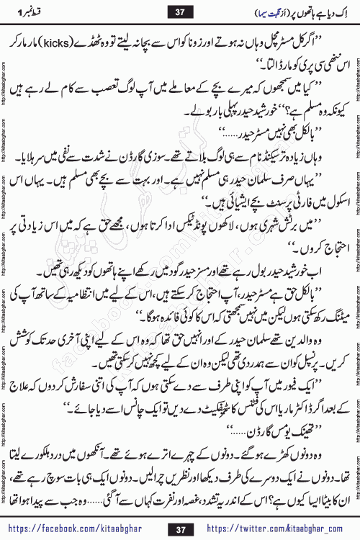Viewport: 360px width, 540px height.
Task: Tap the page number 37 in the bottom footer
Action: (x=180, y=528)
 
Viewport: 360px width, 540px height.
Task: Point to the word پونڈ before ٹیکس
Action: (x=223, y=240)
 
